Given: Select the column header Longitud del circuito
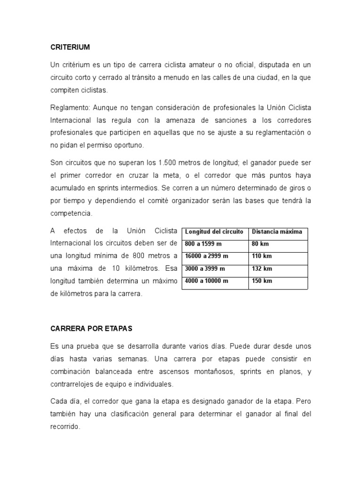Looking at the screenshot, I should (214, 232).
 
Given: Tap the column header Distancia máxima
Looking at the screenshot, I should (277, 232).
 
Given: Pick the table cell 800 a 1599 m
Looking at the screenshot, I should (203, 244).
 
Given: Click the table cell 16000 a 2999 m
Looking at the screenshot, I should (206, 257).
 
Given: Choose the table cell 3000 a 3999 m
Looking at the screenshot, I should (205, 269).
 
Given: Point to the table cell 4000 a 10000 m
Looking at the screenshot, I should (207, 281).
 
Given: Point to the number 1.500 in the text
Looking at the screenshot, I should (168, 163).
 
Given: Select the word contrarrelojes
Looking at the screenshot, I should (74, 384).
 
